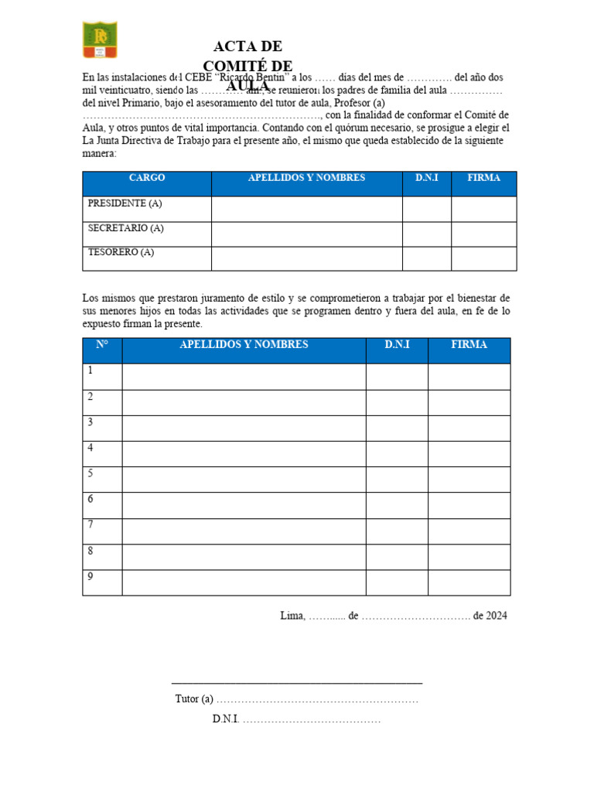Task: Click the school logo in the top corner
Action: coord(100,40)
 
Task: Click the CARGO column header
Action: coord(147,178)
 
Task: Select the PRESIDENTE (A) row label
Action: coord(125,203)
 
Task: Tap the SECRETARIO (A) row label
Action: coord(126,228)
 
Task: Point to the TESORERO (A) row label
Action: coord(121,252)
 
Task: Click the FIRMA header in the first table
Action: coord(484,178)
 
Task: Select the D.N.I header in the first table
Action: coord(427,178)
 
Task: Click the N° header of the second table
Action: coord(102,345)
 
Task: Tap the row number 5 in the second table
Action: coord(90,473)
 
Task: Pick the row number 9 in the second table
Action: coord(90,576)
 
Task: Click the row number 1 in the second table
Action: coord(90,370)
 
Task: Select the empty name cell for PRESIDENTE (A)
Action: coord(306,209)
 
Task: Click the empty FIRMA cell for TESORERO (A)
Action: coord(484,258)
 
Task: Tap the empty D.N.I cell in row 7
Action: coord(397,531)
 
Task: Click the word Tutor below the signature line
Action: coord(186,699)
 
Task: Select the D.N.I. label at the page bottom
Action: coord(226,719)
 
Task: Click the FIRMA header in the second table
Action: coord(469,345)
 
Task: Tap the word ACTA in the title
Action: coord(227,46)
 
